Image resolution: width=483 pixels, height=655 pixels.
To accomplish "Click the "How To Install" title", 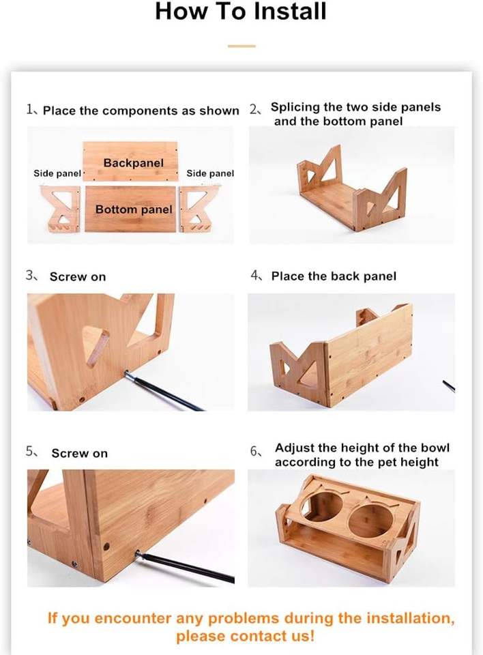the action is click(241, 12).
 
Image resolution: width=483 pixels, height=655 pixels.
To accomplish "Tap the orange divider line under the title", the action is click(241, 46).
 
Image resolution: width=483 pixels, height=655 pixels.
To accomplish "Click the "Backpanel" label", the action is click(133, 163).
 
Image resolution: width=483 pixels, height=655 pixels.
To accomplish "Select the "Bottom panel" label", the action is click(134, 209).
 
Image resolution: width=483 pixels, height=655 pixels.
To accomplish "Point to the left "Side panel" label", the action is click(57, 173).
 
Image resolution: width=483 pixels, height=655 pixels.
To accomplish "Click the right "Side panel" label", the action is click(210, 173).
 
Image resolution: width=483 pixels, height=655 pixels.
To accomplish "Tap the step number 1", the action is click(29, 110).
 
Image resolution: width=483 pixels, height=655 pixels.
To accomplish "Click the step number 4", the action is click(254, 275).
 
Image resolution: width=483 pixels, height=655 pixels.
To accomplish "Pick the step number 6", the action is click(254, 452).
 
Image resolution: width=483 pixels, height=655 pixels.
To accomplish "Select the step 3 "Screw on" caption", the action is click(78, 277).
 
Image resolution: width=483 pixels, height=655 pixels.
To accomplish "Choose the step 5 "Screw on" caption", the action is click(79, 454).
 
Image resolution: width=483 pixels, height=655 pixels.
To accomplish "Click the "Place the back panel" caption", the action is click(334, 276).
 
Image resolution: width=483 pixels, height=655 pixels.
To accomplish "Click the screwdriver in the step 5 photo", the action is click(184, 566).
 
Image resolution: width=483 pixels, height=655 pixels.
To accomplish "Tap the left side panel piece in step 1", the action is click(61, 209).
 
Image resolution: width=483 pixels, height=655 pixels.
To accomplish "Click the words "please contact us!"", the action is click(245, 636).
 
